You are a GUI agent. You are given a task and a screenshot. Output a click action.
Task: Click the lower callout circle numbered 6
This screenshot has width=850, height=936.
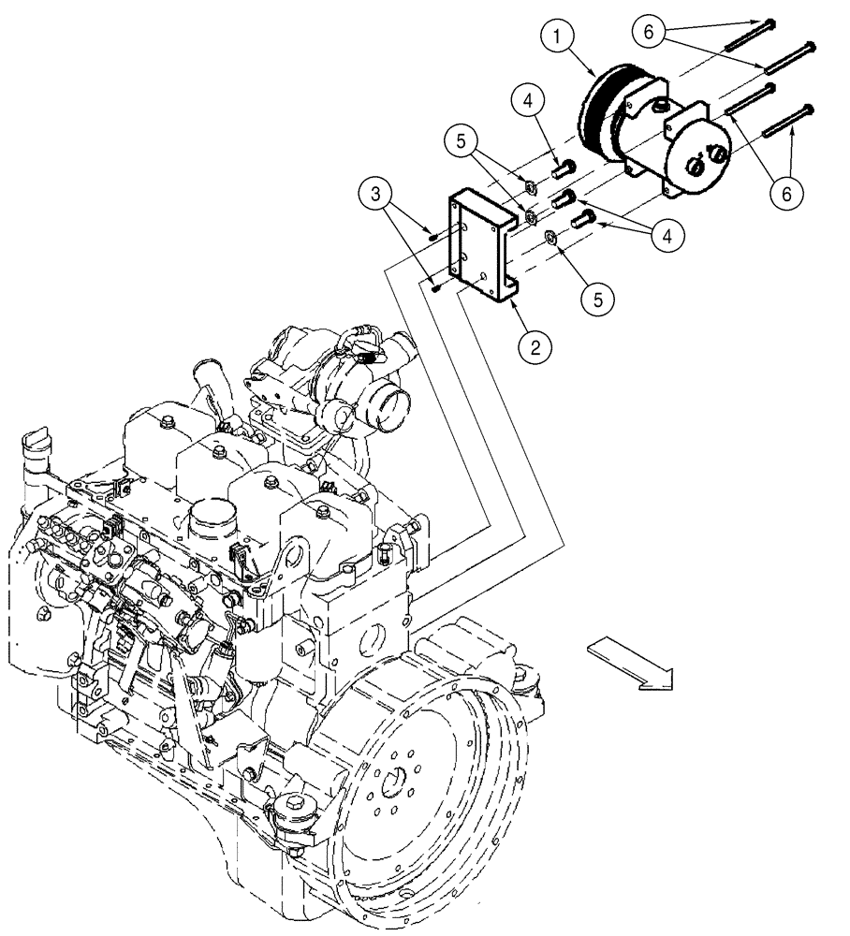[x=785, y=193]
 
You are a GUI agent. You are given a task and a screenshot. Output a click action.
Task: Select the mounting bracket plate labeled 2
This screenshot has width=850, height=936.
[x=482, y=248]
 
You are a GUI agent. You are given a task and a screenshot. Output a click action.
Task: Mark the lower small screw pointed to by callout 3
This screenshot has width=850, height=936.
[x=436, y=287]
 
